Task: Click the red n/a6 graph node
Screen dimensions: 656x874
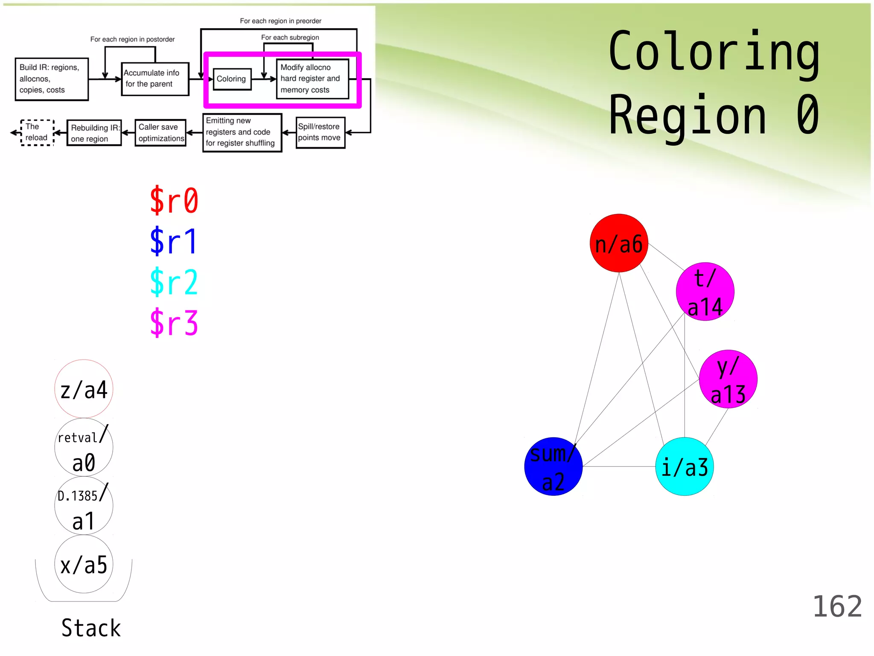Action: (x=619, y=243)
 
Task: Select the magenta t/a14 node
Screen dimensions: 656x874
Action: (x=705, y=292)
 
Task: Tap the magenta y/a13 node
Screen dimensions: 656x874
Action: (x=728, y=379)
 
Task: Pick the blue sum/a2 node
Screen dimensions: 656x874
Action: (x=553, y=466)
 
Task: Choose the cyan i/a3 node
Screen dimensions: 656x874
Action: (x=685, y=466)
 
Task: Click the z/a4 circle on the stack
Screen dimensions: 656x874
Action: (x=84, y=389)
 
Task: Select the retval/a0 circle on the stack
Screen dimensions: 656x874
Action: (x=84, y=447)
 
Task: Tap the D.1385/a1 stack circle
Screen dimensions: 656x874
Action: (x=84, y=506)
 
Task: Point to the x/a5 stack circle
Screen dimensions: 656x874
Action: (x=84, y=564)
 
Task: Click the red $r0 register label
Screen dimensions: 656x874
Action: (x=174, y=200)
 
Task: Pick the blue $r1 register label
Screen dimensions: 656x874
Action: (x=174, y=241)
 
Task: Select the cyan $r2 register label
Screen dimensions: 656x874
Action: (x=174, y=282)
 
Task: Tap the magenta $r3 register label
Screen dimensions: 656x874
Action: (x=174, y=323)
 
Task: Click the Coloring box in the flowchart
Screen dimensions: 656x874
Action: (x=232, y=79)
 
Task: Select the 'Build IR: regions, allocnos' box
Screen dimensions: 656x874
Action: (x=52, y=79)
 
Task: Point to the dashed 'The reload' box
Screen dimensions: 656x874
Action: (x=37, y=132)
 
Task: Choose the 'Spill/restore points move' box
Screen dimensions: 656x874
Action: (x=320, y=132)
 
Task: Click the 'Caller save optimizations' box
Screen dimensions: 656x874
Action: (x=160, y=133)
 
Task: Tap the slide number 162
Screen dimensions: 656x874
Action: (x=837, y=606)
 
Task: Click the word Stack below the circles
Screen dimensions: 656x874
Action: (x=91, y=628)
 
